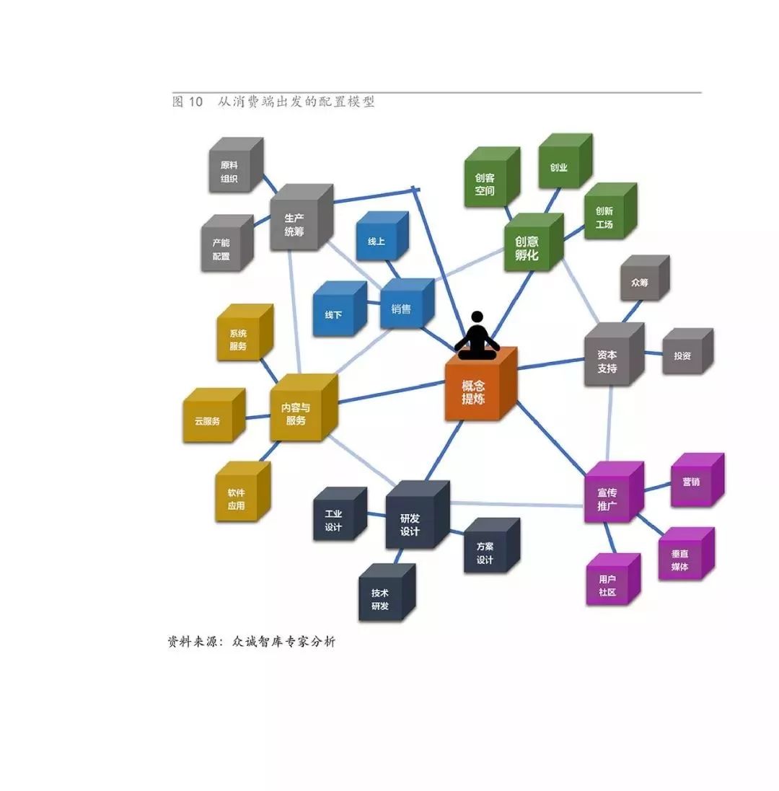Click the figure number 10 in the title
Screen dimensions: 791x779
(x=196, y=102)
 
